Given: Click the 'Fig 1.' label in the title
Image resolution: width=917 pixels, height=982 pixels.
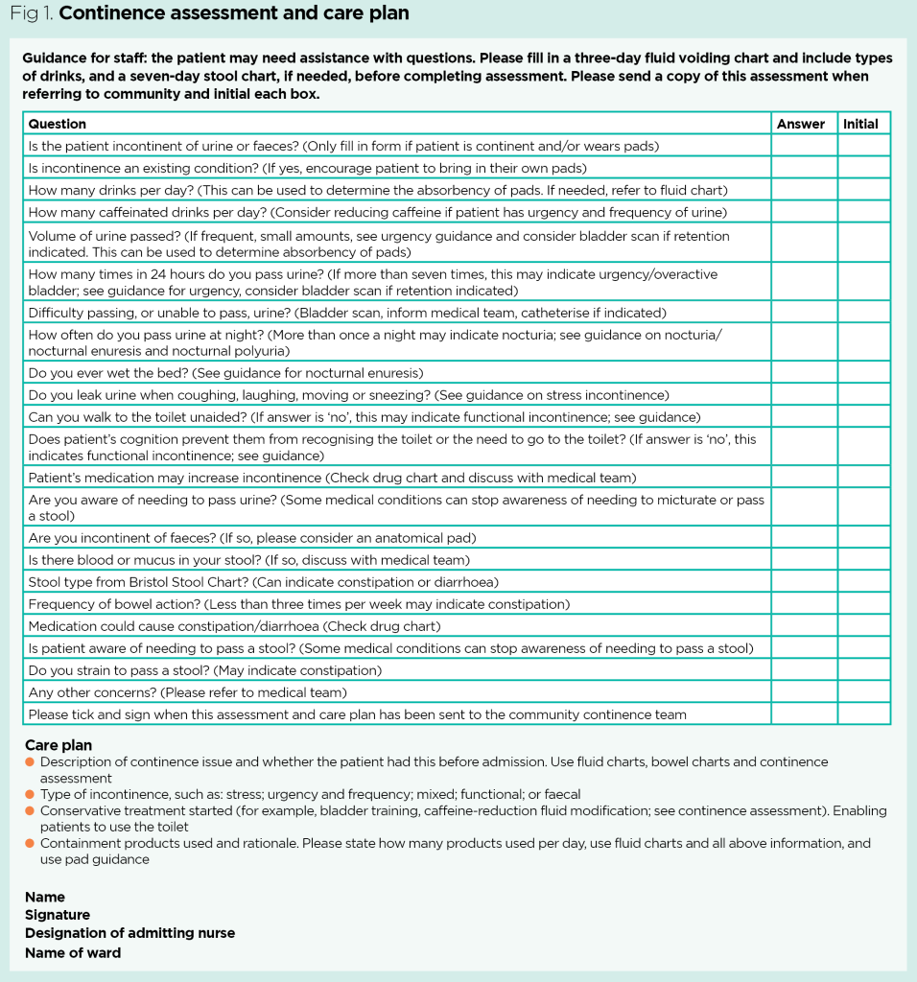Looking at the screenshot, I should pyautogui.click(x=29, y=13).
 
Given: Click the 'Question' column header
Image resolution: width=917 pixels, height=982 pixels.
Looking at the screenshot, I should pyautogui.click(x=58, y=124).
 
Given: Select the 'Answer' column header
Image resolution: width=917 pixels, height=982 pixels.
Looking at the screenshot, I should pyautogui.click(x=801, y=124).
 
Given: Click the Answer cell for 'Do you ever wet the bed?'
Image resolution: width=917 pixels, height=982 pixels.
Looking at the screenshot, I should pyautogui.click(x=804, y=372).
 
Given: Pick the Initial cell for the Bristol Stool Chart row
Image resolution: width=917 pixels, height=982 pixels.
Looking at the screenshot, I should pyautogui.click(x=863, y=582).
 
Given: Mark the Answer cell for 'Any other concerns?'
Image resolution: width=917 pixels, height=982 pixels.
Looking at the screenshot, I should pyautogui.click(x=804, y=692).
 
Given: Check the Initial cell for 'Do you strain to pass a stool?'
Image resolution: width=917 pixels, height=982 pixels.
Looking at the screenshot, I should pyautogui.click(x=863, y=670).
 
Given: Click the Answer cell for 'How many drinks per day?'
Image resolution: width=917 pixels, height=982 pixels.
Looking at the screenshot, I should pyautogui.click(x=804, y=190).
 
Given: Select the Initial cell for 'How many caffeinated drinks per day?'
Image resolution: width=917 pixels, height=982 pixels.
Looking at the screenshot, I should pyautogui.click(x=863, y=212).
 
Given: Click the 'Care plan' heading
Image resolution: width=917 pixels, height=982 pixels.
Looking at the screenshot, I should pyautogui.click(x=59, y=745).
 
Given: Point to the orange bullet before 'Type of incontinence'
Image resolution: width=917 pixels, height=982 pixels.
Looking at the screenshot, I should pyautogui.click(x=31, y=795).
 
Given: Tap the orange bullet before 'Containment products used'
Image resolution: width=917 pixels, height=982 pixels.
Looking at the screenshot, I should pyautogui.click(x=31, y=844).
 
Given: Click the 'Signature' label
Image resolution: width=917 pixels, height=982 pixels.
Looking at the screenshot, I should pyautogui.click(x=58, y=915).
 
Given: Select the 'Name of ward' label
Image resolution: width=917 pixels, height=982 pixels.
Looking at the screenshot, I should pyautogui.click(x=73, y=952).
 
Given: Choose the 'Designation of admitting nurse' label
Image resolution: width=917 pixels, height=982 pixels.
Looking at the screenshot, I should pyautogui.click(x=129, y=933).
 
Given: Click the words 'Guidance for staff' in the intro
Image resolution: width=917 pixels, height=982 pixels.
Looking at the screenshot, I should pyautogui.click(x=73, y=58).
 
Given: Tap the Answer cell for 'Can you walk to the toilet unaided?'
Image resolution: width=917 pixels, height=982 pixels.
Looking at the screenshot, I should pyautogui.click(x=804, y=417).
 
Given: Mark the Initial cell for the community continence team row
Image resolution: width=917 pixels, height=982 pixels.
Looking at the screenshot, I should pyautogui.click(x=863, y=714).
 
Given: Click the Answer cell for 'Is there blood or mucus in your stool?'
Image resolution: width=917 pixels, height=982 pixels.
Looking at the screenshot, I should pyautogui.click(x=804, y=560).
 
